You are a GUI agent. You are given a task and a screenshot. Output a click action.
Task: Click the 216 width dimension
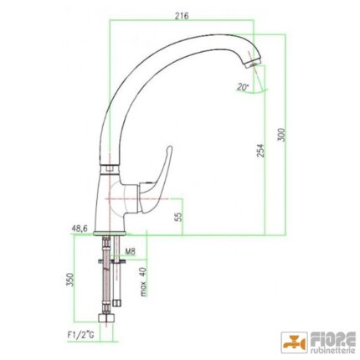182,16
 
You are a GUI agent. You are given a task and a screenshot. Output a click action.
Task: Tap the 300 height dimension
282,135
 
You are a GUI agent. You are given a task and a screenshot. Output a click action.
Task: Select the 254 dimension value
260,151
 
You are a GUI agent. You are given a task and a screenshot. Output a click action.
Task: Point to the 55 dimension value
179,216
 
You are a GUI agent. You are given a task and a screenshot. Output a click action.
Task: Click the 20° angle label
242,87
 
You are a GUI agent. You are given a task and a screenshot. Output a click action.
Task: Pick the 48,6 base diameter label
80,229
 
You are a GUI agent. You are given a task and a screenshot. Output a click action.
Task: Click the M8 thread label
130,252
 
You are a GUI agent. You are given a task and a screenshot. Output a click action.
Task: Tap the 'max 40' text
143,281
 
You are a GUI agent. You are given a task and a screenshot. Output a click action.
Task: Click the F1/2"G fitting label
81,335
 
